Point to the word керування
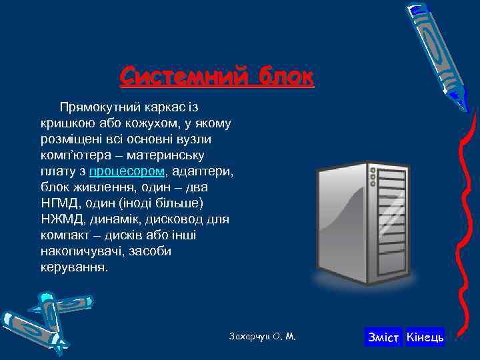[x=73, y=267]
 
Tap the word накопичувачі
[x=80, y=251]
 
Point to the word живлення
[x=95, y=187]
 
